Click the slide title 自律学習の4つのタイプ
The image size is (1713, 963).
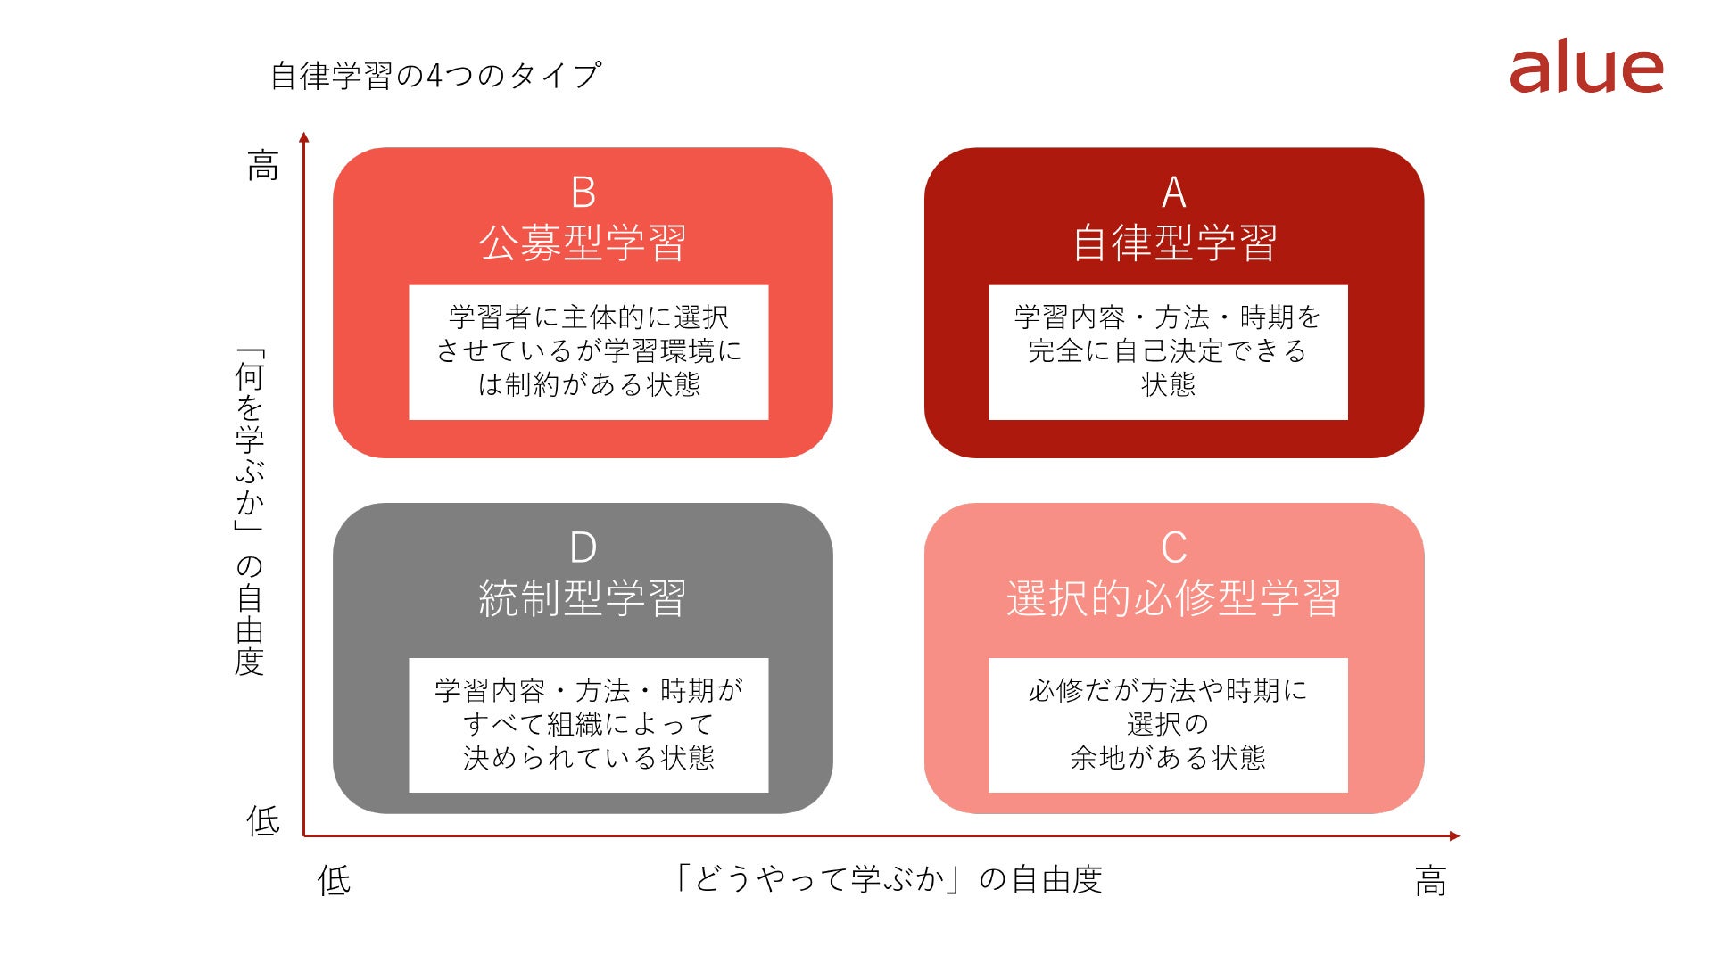click(x=436, y=76)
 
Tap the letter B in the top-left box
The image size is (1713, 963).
click(x=583, y=193)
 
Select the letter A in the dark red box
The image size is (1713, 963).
click(x=1174, y=193)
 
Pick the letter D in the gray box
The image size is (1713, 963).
click(x=583, y=547)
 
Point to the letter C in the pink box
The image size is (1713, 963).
click(x=1174, y=547)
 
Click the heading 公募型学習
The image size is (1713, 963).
click(x=583, y=243)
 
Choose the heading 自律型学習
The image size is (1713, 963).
click(x=1174, y=243)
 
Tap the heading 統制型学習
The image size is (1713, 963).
click(x=583, y=597)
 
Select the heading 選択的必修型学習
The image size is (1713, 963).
click(x=1174, y=597)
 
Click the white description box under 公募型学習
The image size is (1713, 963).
click(x=589, y=352)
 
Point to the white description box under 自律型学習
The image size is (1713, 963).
click(x=1168, y=352)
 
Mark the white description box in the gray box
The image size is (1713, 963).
click(x=589, y=725)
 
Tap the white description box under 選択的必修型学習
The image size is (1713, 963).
click(x=1168, y=725)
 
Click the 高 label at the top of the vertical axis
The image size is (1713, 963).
click(x=263, y=166)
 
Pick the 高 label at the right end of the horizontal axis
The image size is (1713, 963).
click(x=1431, y=881)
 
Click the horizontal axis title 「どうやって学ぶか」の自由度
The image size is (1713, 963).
click(x=888, y=879)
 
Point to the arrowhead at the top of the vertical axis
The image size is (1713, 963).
click(x=304, y=137)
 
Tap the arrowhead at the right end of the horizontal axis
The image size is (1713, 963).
click(x=1454, y=835)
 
